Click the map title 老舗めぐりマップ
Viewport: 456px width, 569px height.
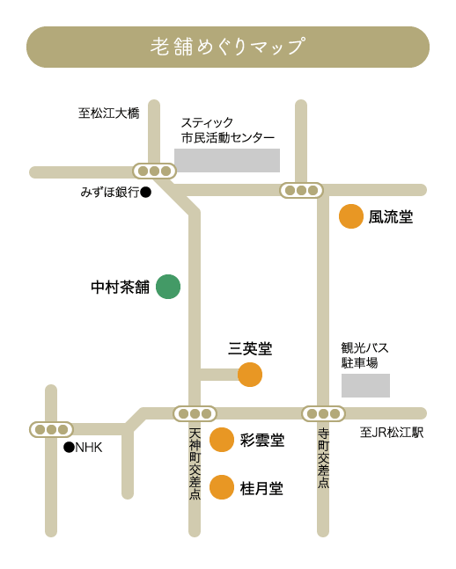click(x=228, y=47)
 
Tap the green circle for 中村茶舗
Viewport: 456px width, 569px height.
click(x=168, y=287)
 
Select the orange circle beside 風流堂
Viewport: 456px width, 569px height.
click(x=351, y=216)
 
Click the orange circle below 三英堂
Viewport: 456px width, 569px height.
click(x=250, y=375)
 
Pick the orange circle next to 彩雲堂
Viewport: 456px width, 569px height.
click(x=222, y=440)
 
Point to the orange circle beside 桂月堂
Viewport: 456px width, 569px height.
click(x=222, y=487)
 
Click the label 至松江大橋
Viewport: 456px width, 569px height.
click(x=109, y=113)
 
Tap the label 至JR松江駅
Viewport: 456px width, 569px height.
click(x=392, y=433)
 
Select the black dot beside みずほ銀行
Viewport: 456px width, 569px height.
click(x=146, y=192)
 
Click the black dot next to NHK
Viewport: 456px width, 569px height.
click(x=69, y=448)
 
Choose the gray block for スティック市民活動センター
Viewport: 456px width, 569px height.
click(x=227, y=160)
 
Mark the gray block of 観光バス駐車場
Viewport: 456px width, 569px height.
click(x=365, y=385)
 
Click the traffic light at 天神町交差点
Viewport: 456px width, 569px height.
click(x=195, y=413)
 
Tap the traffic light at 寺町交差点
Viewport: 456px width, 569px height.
click(x=323, y=413)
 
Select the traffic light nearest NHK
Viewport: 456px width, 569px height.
click(x=51, y=430)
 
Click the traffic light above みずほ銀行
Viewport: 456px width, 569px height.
click(x=154, y=171)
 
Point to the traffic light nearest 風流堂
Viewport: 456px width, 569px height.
click(x=301, y=190)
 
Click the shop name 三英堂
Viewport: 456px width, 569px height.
click(x=250, y=349)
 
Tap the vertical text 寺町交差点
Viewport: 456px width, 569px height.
click(x=323, y=458)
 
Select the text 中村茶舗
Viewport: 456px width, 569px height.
click(x=121, y=287)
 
